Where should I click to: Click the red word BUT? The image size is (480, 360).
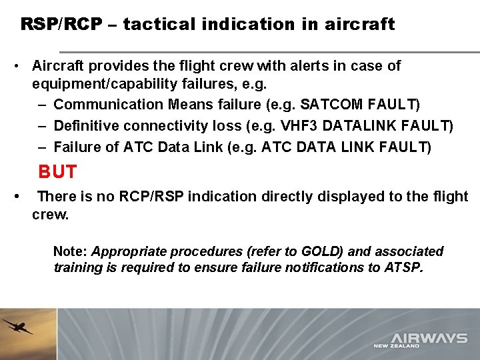[x=57, y=172]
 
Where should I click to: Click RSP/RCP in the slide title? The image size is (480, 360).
[x=61, y=25]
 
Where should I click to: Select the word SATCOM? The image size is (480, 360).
[x=329, y=105]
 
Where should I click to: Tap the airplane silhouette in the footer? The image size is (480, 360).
[x=17, y=327]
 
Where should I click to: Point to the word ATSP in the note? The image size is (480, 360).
[x=402, y=267]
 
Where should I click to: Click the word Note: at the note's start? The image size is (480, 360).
[x=71, y=251]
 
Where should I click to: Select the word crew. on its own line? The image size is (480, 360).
[x=51, y=215]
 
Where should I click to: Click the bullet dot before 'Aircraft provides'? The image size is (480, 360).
[x=15, y=66]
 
